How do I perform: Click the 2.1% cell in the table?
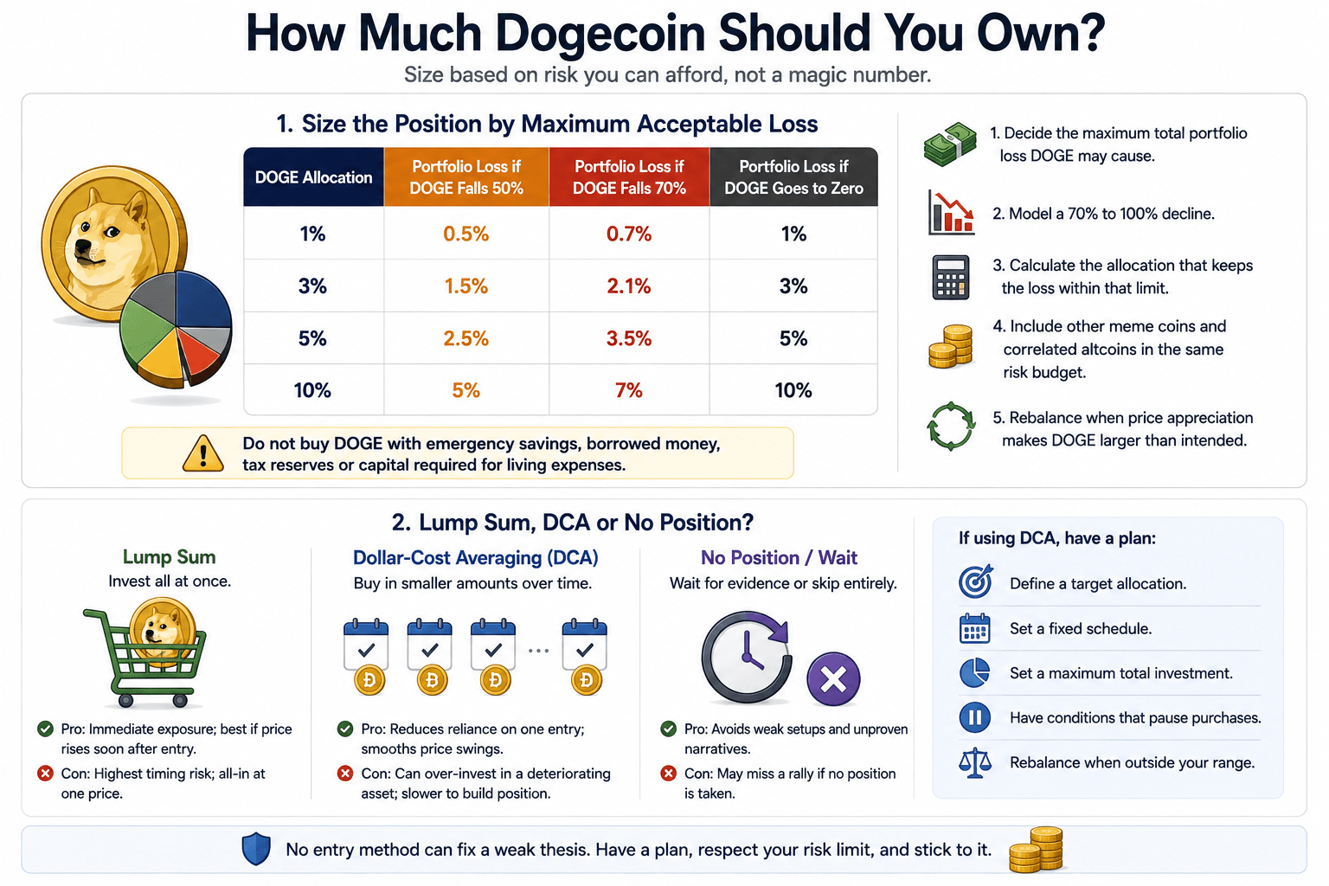tap(628, 286)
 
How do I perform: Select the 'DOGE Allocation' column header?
tap(313, 177)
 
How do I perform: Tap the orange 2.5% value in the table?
tap(465, 338)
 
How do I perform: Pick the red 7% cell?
tap(628, 390)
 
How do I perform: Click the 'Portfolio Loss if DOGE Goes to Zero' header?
tap(793, 177)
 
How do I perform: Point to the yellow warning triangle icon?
tap(203, 454)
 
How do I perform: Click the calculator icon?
tap(951, 277)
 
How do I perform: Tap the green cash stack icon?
tap(950, 144)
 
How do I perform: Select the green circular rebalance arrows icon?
tap(951, 426)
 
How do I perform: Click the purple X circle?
tap(833, 679)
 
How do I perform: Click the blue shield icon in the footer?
tap(256, 849)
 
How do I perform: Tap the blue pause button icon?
tap(974, 717)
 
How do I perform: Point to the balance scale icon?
tap(975, 763)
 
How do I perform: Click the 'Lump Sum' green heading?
tap(169, 556)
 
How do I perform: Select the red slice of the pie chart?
tap(199, 350)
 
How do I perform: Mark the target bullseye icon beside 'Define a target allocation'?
tap(975, 581)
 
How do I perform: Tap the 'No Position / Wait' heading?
tap(779, 557)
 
